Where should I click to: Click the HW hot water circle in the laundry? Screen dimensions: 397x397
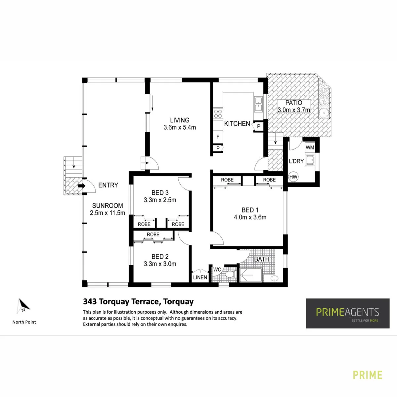click(x=293, y=177)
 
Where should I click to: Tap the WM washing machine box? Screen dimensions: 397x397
click(x=310, y=148)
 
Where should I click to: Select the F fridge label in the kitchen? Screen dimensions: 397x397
click(x=218, y=137)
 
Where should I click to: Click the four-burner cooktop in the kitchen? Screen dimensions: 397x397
click(x=218, y=113)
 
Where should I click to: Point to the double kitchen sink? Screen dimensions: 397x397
click(x=258, y=105)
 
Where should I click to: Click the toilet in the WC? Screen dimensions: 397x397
click(x=230, y=274)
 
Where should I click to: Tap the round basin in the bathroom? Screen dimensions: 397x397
click(x=274, y=279)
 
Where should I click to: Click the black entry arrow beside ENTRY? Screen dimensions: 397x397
click(x=82, y=186)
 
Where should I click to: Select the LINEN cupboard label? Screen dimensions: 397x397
click(x=200, y=277)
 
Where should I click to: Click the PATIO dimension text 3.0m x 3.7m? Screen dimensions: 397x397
click(x=293, y=110)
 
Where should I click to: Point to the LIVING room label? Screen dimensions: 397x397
click(x=180, y=120)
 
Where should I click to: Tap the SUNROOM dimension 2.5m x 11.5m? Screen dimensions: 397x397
click(x=107, y=213)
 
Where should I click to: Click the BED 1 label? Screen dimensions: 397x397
click(x=250, y=210)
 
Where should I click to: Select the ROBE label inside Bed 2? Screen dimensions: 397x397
click(x=153, y=235)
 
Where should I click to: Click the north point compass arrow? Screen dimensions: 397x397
click(x=23, y=306)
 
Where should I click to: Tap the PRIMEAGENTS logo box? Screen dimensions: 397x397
click(x=348, y=313)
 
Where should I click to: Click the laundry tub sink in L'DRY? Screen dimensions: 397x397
click(x=310, y=160)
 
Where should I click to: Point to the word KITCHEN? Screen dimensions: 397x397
click(x=237, y=124)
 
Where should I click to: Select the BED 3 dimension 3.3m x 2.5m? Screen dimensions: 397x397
click(x=160, y=200)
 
